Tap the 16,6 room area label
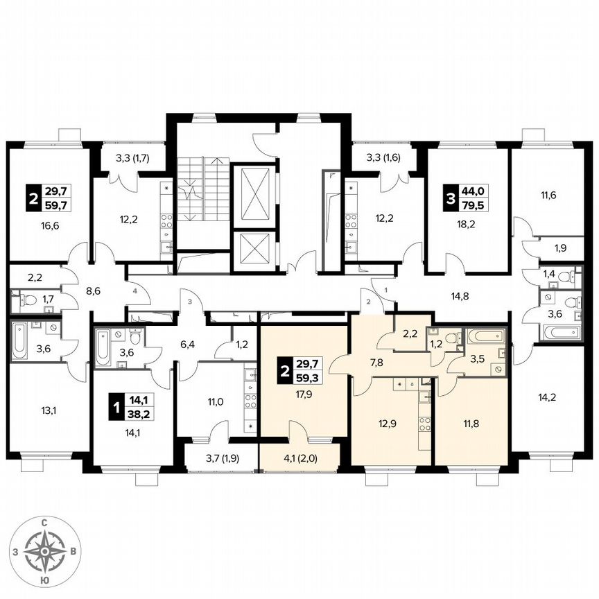(49, 225)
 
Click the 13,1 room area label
(49, 409)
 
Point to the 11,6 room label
(548, 196)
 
